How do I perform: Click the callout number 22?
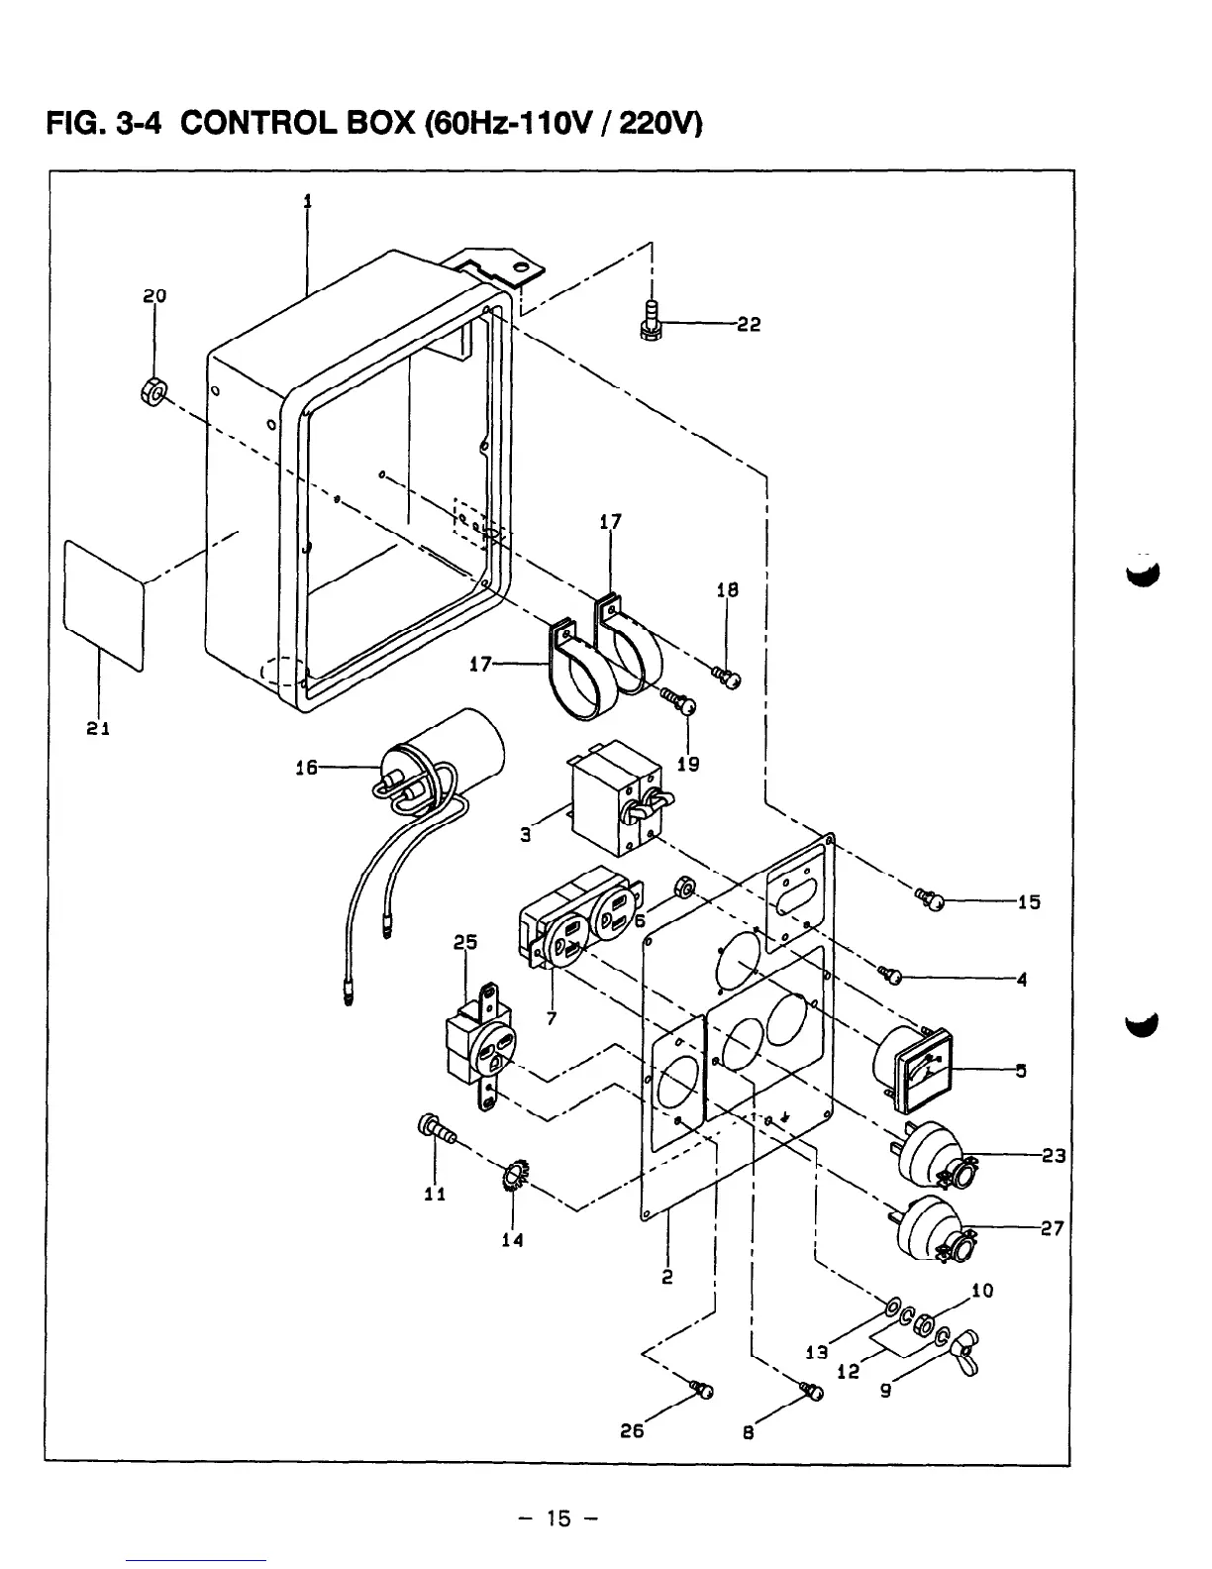tap(749, 325)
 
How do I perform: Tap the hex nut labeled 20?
tap(152, 391)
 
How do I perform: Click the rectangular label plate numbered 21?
tap(103, 604)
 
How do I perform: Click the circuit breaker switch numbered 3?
tap(615, 798)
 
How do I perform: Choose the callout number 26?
tap(632, 1429)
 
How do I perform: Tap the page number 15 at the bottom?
tap(557, 1518)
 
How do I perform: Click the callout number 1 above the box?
tap(307, 201)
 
